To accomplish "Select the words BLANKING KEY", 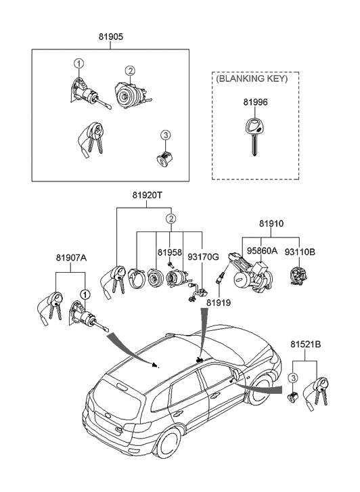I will click(252, 78).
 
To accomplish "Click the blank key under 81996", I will click(254, 135).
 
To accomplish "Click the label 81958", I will click(169, 252).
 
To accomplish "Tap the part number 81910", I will click(271, 223).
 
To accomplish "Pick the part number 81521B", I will click(306, 344).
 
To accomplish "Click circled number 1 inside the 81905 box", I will click(78, 63).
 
